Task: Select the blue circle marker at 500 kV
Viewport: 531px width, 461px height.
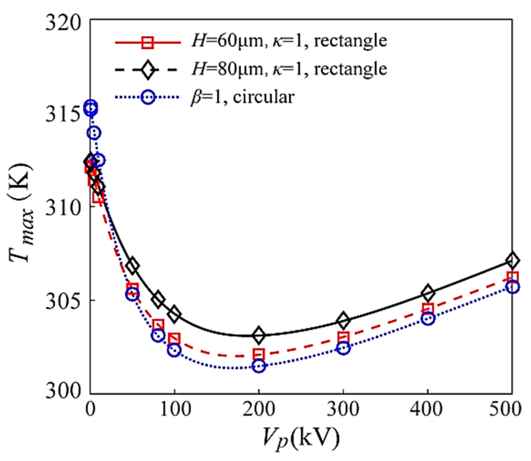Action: coord(512,287)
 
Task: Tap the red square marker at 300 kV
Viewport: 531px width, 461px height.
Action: coord(343,338)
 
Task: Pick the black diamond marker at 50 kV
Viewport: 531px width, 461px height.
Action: coord(132,266)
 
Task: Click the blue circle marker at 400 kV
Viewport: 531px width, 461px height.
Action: coord(428,318)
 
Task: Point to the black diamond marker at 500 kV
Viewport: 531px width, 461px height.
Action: coord(512,260)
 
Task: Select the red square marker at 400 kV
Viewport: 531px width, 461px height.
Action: coord(428,309)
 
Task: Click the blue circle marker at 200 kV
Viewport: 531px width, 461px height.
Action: coord(259,366)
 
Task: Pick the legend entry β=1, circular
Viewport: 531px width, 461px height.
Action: coord(242,97)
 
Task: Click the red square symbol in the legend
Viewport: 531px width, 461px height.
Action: coord(147,42)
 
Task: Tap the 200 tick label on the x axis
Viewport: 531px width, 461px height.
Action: coord(259,409)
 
